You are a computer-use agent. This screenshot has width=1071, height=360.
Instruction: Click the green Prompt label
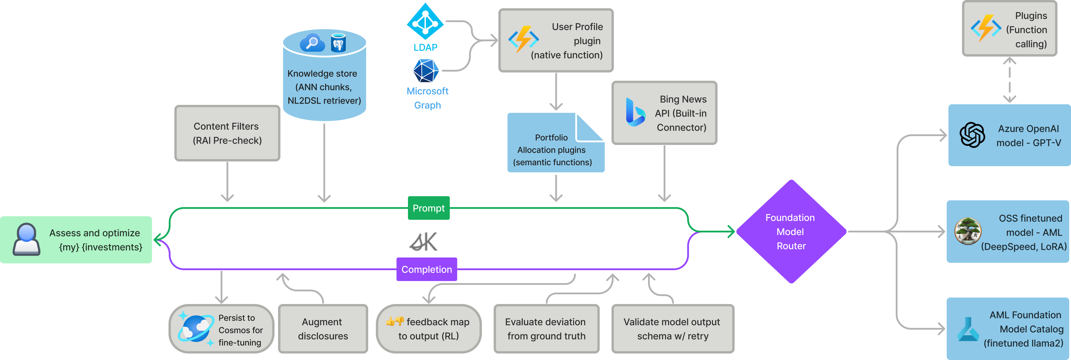tap(428, 208)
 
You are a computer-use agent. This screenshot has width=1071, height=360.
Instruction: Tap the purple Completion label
tap(427, 269)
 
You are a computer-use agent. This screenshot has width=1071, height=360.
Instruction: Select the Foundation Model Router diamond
tap(791, 232)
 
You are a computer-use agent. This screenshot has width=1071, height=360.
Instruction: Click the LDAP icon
tap(425, 21)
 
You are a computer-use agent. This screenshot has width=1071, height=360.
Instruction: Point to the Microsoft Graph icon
tap(426, 71)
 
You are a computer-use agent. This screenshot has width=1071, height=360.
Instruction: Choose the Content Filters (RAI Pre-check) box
tap(227, 133)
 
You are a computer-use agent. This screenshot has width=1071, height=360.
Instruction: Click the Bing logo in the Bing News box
tap(635, 113)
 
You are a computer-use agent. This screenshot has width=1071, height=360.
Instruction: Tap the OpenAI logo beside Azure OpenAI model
tap(972, 135)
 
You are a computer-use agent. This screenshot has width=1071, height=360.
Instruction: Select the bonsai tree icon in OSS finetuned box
tap(968, 231)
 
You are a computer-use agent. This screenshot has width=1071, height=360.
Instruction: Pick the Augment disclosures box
tap(323, 329)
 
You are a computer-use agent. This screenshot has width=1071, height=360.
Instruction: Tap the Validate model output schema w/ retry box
tap(672, 329)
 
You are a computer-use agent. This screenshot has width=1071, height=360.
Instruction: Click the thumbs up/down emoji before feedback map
tap(395, 321)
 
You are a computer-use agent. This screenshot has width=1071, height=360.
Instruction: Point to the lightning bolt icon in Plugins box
tap(985, 28)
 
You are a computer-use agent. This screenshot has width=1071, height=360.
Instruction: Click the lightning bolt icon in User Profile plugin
tap(523, 39)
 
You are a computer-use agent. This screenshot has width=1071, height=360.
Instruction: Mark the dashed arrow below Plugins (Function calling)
tap(1009, 80)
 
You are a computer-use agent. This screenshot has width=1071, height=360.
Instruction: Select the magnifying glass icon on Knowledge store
tap(312, 43)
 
